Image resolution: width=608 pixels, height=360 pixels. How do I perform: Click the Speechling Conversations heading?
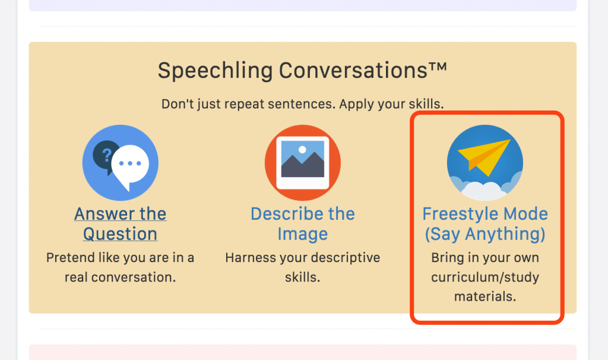coord(302,71)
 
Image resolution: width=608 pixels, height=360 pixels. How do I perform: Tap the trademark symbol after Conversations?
coord(438,66)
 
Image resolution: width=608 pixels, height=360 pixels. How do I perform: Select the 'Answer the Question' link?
coord(120,224)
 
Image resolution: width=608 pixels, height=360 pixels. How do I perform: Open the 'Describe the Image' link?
coord(302,224)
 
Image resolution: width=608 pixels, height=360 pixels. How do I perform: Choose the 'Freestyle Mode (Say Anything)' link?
coord(484,224)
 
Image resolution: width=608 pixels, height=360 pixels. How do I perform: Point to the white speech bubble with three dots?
coord(130,166)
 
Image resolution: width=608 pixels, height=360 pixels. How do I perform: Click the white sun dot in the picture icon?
coord(302,150)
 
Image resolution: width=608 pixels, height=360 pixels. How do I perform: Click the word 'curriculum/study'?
coord(484,277)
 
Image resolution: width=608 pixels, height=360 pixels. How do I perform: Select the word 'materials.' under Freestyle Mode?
coord(484,297)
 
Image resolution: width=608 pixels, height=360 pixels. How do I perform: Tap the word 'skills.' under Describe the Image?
coord(302,277)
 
